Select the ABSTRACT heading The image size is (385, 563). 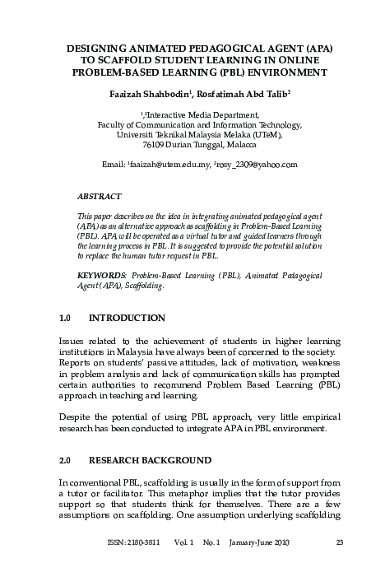[99, 197]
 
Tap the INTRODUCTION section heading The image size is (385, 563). [127, 318]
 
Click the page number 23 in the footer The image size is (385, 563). [339, 541]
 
